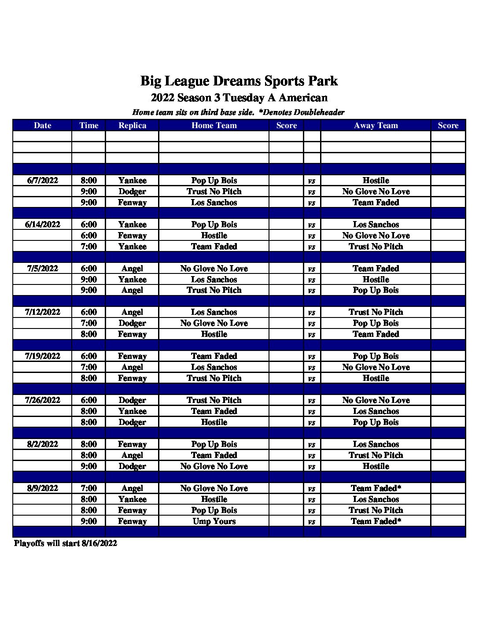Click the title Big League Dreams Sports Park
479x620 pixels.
pos(239,81)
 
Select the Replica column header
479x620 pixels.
pos(132,125)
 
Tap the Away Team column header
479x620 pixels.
pos(376,125)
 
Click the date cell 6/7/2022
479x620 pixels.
pos(42,181)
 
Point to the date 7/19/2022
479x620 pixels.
pos(42,356)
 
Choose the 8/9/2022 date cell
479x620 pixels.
pos(42,488)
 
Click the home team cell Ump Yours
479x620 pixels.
pos(214,521)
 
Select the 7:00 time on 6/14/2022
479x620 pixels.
pos(88,247)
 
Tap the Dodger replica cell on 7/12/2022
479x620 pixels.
pos(132,323)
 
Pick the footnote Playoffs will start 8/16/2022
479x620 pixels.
pos(66,543)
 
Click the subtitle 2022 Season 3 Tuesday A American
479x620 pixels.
pos(239,98)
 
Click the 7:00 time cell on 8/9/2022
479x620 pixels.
pos(88,488)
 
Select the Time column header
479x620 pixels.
pos(88,125)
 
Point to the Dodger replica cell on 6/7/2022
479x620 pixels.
pos(132,192)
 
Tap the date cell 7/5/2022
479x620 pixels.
pos(42,269)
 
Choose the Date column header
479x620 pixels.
pos(42,125)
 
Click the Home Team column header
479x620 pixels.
pos(214,125)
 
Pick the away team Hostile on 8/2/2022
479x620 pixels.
pos(376,466)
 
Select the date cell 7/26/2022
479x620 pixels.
pos(42,400)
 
